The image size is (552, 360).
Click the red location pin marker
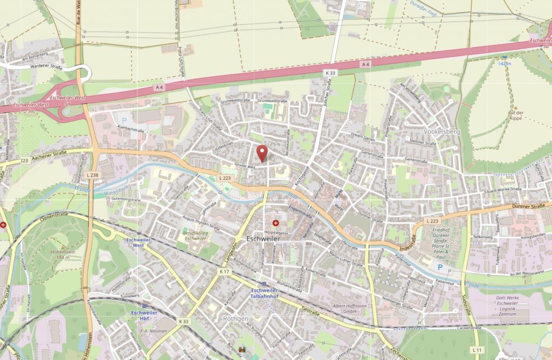click(262, 153)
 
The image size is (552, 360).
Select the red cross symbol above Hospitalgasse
click(275, 222)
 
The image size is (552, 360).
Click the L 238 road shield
click(92, 175)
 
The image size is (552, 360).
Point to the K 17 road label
click(225, 272)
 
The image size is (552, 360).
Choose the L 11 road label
click(476, 350)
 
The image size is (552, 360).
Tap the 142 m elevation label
click(505, 64)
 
